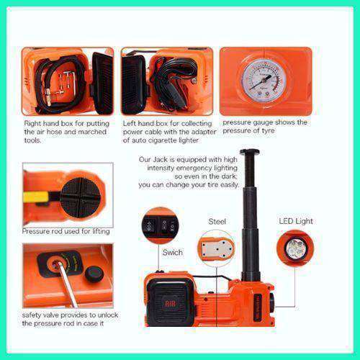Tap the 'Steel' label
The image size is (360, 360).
click(217, 221)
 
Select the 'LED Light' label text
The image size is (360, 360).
click(296, 221)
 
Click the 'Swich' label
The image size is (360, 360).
click(172, 252)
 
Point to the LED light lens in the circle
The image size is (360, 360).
click(295, 249)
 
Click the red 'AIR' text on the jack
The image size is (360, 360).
click(170, 305)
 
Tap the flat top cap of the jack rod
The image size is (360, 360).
click(250, 152)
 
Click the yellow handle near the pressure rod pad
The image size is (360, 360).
click(36, 197)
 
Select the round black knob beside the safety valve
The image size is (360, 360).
click(94, 274)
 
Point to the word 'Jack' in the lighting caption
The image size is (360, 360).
click(161, 160)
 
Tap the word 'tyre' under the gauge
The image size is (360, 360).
click(268, 131)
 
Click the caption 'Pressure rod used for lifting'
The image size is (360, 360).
click(66, 231)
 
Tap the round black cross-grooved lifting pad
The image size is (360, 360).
click(81, 197)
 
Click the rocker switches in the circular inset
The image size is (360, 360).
click(161, 225)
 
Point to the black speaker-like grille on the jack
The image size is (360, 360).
click(170, 303)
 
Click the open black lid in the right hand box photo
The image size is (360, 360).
click(103, 83)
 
